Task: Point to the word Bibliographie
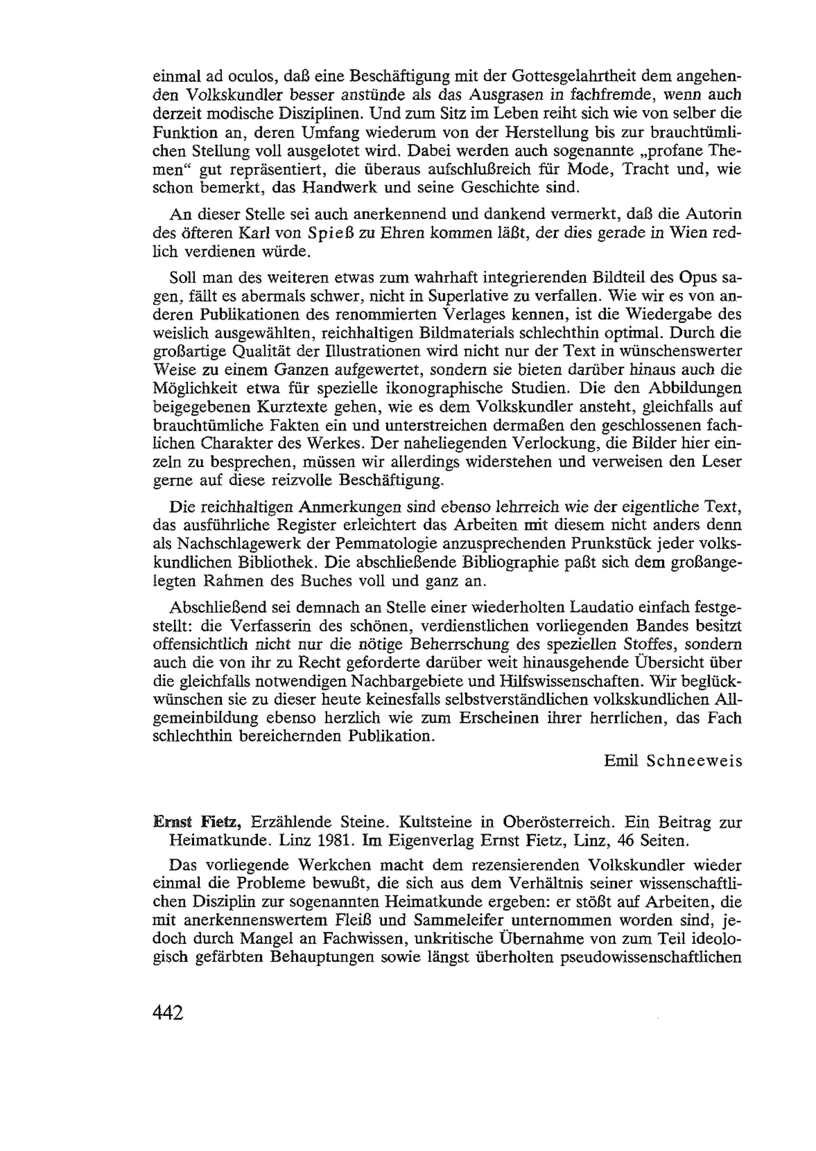(x=512, y=563)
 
